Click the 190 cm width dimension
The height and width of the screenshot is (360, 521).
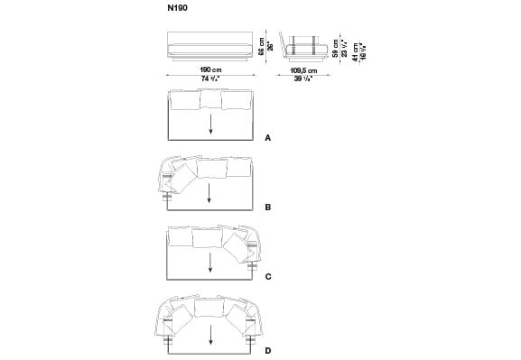tap(211, 69)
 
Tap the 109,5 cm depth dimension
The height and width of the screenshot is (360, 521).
tap(305, 69)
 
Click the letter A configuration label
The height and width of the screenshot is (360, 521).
tap(268, 140)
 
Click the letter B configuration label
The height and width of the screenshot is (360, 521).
tap(268, 208)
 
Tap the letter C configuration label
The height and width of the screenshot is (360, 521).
tap(268, 276)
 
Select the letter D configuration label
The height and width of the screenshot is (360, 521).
tap(268, 349)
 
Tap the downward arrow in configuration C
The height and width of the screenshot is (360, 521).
tap(210, 262)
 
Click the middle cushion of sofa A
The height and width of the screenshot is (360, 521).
tap(210, 99)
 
